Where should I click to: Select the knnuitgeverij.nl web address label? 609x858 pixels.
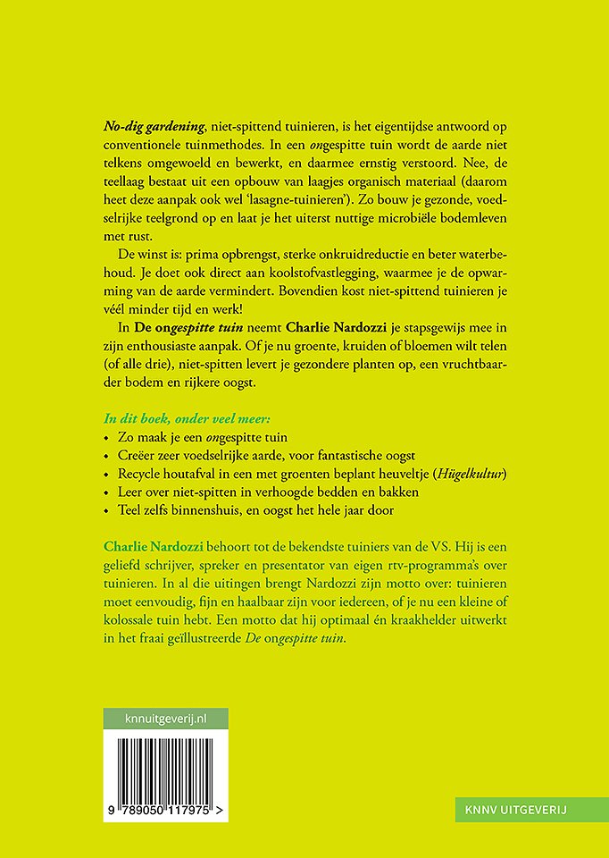[165, 719]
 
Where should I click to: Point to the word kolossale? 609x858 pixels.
[138, 621]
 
